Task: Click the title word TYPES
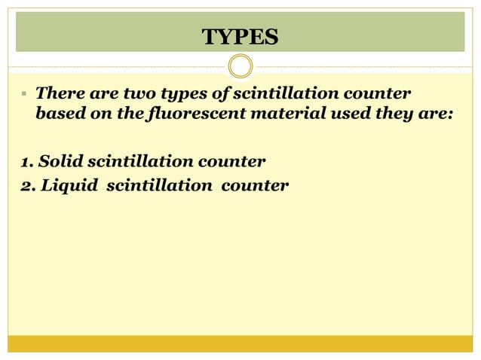click(240, 35)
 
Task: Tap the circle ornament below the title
click(240, 67)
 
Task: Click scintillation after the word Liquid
click(160, 184)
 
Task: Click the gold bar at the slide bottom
click(240, 343)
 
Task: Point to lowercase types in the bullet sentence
click(185, 96)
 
